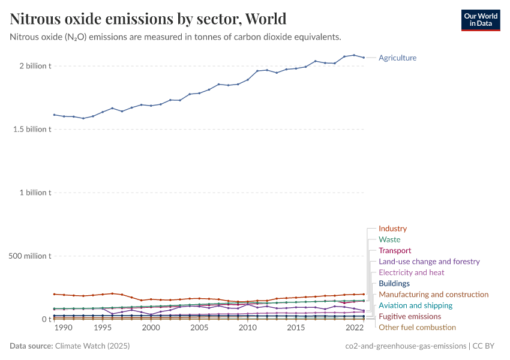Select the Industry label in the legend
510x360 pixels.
point(392,229)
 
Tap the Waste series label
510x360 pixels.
point(389,239)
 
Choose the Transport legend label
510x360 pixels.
point(395,250)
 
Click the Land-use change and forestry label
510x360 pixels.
point(429,262)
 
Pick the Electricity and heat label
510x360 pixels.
point(411,272)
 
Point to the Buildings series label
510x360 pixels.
point(394,283)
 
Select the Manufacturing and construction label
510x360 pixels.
point(433,295)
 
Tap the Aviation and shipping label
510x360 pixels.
point(415,305)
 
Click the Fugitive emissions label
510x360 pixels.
point(410,316)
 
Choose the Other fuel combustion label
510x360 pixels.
point(417,327)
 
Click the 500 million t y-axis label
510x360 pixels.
point(30,256)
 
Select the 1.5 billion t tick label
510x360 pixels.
point(30,129)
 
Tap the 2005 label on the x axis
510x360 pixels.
point(199,328)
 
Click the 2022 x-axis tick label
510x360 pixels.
point(354,328)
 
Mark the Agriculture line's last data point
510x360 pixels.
point(364,58)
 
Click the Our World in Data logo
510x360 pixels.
point(480,20)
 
